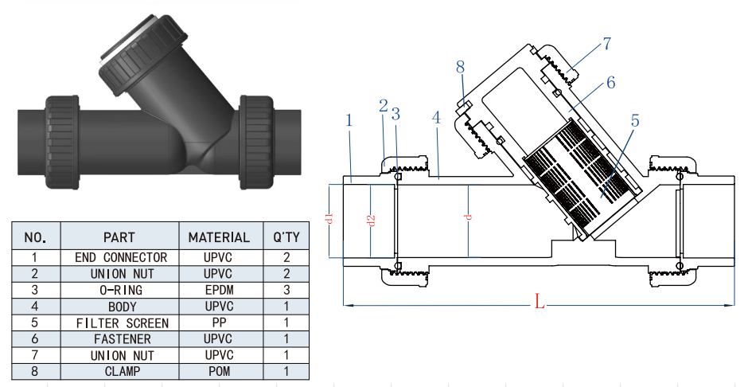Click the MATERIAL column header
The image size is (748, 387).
pyautogui.click(x=219, y=236)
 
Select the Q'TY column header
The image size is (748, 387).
pyautogui.click(x=286, y=236)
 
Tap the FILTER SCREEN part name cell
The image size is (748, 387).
pyautogui.click(x=122, y=322)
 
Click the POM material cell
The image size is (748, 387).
pyautogui.click(x=219, y=371)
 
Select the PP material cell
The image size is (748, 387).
pyautogui.click(x=219, y=322)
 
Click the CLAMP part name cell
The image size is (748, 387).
pyautogui.click(x=122, y=371)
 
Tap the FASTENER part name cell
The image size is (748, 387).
pyautogui.click(x=122, y=339)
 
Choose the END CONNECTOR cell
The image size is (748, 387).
pyautogui.click(x=122, y=257)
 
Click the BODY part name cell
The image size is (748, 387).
pyautogui.click(x=122, y=307)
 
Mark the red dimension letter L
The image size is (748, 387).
pyautogui.click(x=539, y=302)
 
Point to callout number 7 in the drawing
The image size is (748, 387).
pyautogui.click(x=606, y=44)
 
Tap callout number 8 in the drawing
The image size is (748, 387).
pyautogui.click(x=460, y=67)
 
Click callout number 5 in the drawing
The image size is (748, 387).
pyautogui.click(x=634, y=121)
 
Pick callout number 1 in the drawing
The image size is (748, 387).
pyautogui.click(x=349, y=119)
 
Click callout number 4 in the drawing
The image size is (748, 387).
pyautogui.click(x=435, y=117)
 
